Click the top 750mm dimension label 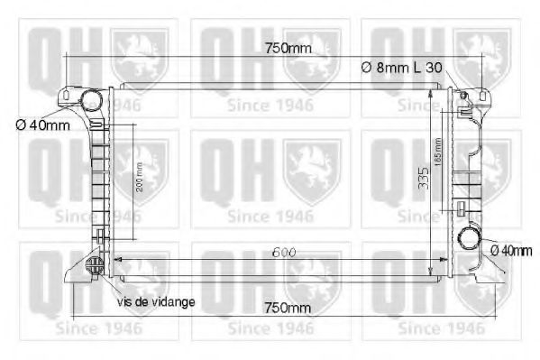pyautogui.click(x=286, y=48)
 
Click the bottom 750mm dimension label pyautogui.click(x=286, y=308)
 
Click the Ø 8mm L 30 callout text pyautogui.click(x=402, y=67)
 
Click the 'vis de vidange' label pyautogui.click(x=155, y=301)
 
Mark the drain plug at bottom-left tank pyautogui.click(x=93, y=265)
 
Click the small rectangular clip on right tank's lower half pyautogui.click(x=460, y=209)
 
